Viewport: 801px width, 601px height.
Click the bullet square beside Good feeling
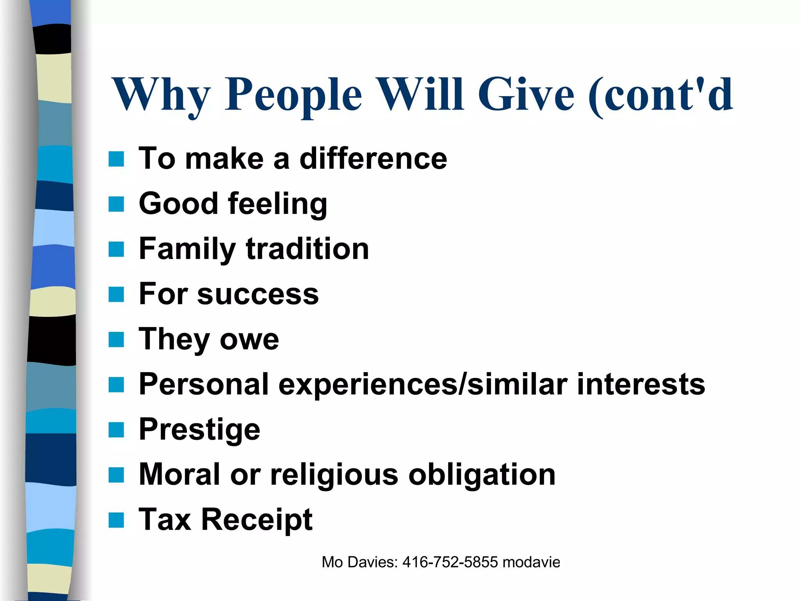(x=116, y=204)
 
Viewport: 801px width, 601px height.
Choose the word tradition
(x=307, y=249)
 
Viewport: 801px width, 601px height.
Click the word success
(x=258, y=294)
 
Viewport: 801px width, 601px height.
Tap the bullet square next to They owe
(x=116, y=340)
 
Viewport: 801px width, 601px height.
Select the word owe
(x=249, y=340)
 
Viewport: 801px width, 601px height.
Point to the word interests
(x=641, y=384)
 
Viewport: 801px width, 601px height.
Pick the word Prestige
(x=199, y=430)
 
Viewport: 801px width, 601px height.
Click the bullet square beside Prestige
(x=116, y=430)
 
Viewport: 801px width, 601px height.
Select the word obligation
(x=482, y=475)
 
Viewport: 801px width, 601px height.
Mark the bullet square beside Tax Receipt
(x=116, y=520)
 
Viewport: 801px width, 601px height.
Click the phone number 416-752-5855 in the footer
(x=450, y=562)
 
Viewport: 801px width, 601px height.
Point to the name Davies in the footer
(x=372, y=562)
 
